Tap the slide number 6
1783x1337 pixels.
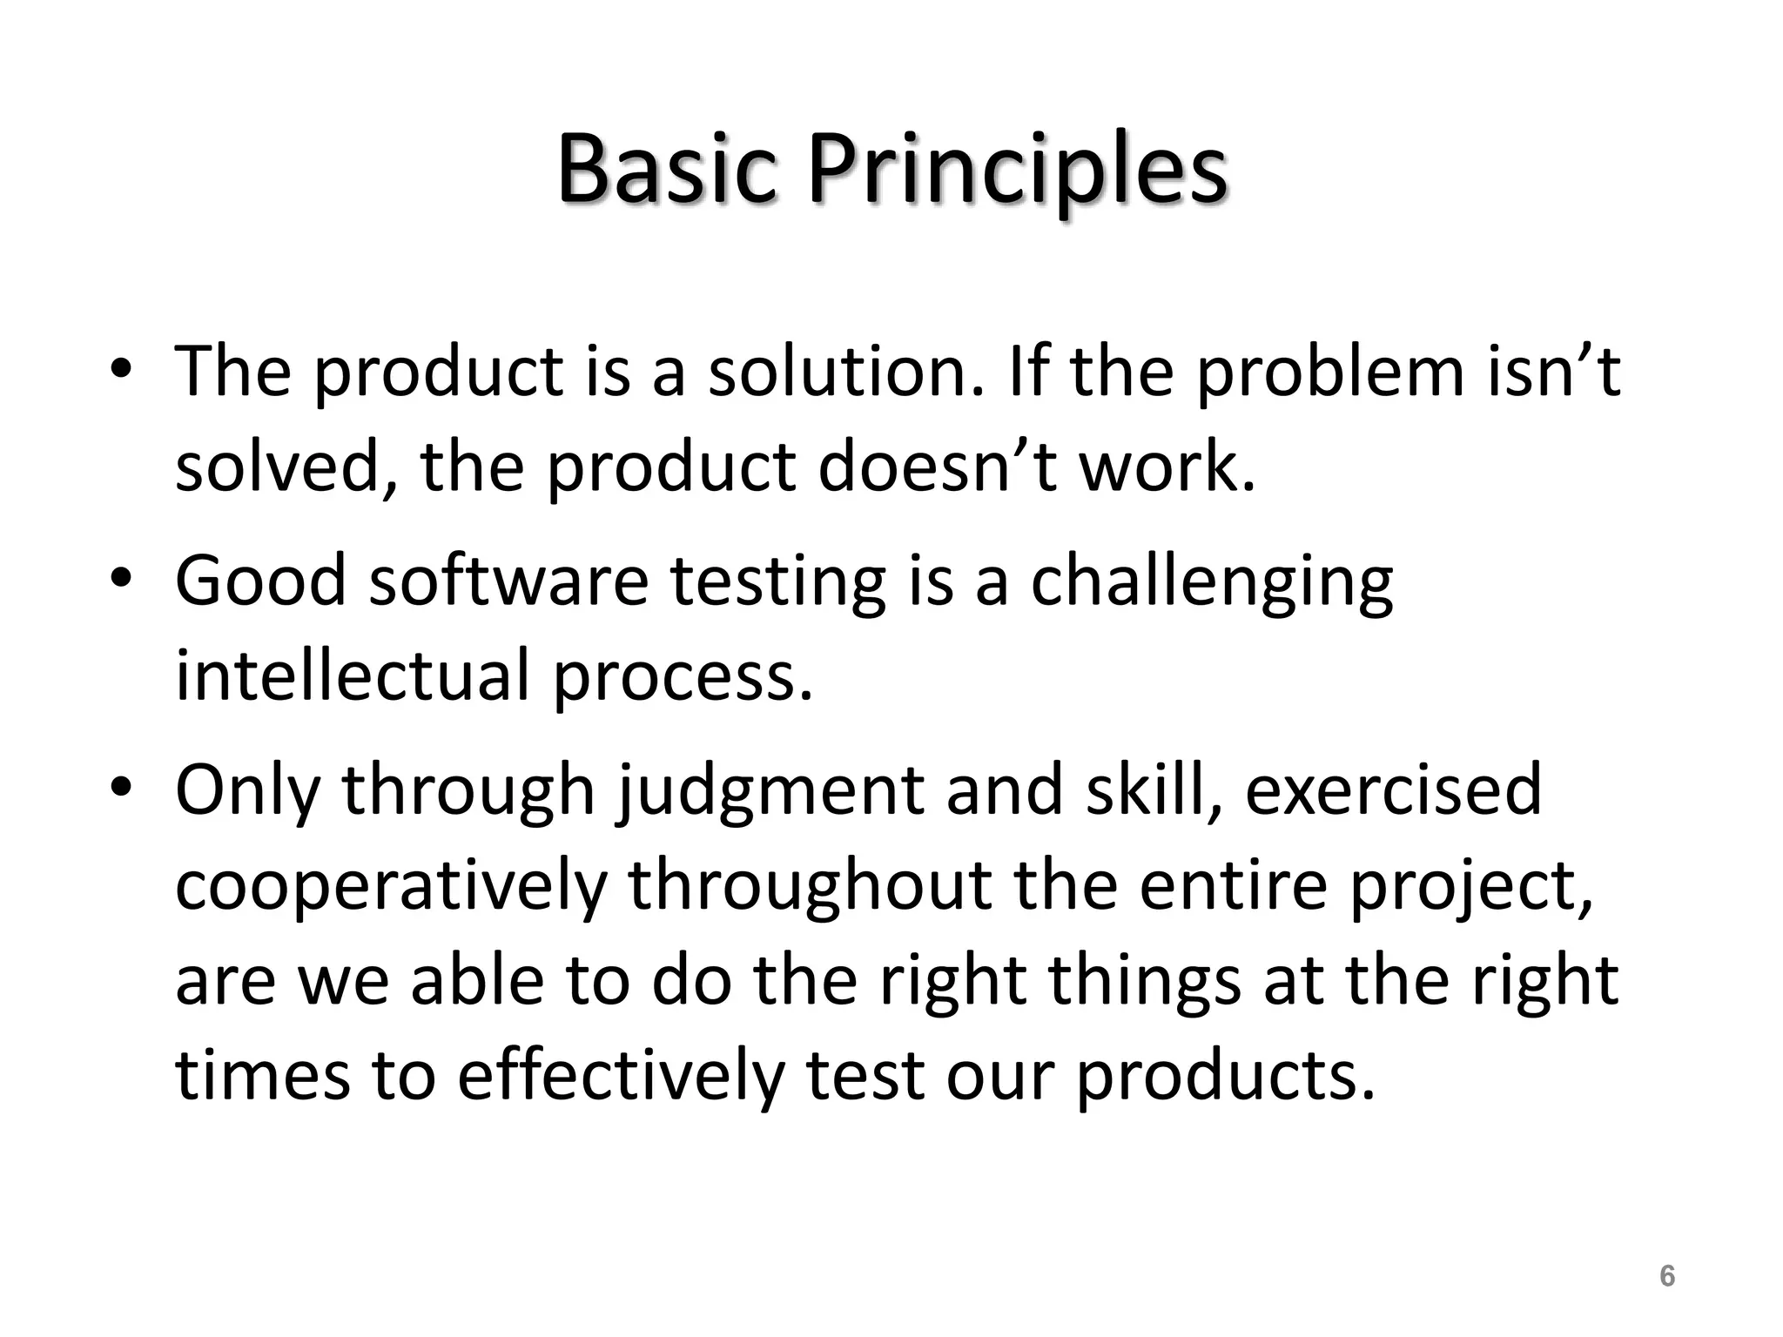coord(1666,1276)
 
